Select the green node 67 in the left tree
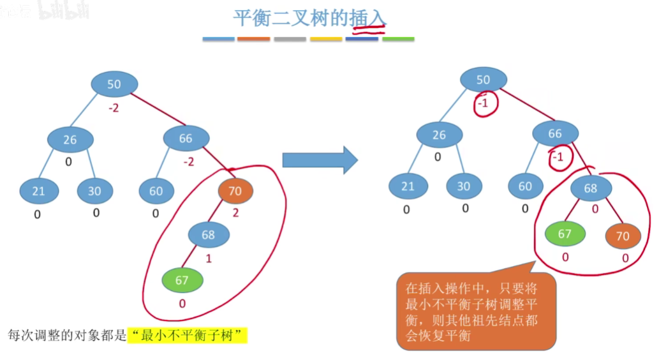click(182, 280)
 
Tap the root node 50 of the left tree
click(114, 84)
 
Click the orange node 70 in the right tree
click(623, 236)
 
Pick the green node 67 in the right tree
click(565, 234)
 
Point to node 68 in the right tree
click(591, 189)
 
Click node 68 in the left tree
click(209, 234)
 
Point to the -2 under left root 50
click(114, 109)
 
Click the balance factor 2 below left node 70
click(235, 213)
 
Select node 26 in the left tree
click(70, 139)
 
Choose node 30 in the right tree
click(464, 186)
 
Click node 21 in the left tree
click(39, 191)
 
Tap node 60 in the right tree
click(525, 186)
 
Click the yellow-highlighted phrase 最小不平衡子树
click(187, 334)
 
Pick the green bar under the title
click(398, 39)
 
